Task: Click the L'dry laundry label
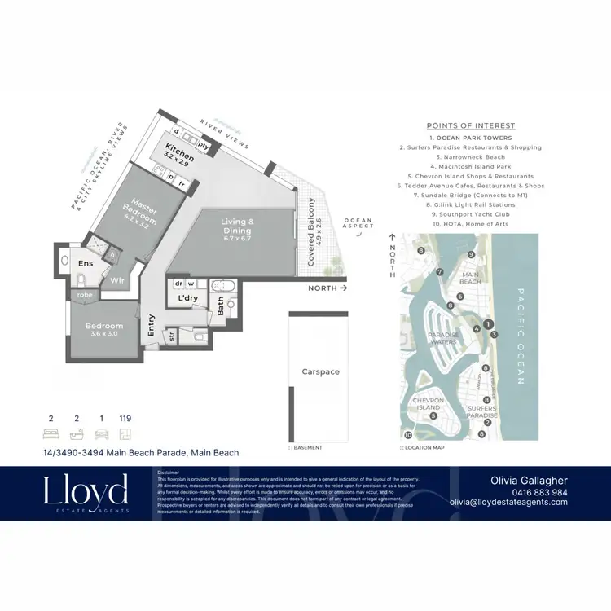188,298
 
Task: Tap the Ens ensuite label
86,264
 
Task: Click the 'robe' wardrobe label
83,294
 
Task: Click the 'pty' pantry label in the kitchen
204,146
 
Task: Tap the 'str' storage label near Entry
172,334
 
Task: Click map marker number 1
489,324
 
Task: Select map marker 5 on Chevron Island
433,415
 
